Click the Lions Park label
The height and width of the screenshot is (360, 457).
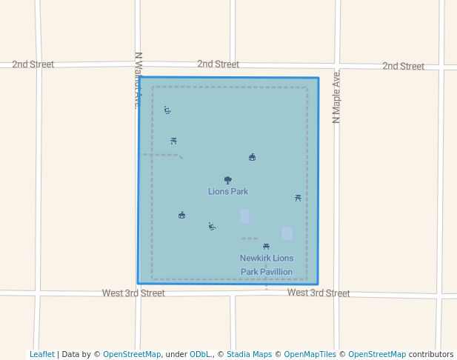click(228, 192)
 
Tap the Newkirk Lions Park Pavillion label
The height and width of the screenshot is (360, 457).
click(266, 265)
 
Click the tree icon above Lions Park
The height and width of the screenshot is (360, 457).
click(228, 180)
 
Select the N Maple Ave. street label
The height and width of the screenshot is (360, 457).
click(337, 97)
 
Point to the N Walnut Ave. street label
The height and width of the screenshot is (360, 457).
click(137, 80)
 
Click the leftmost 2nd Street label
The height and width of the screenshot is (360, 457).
click(33, 64)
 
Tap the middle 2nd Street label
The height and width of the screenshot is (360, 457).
click(218, 64)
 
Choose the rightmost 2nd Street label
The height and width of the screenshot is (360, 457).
click(403, 67)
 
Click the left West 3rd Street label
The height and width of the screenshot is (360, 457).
click(133, 293)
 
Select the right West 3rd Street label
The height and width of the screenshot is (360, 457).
click(318, 293)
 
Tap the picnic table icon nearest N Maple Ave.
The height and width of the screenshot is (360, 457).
click(298, 198)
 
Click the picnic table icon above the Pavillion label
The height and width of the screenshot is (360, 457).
click(266, 247)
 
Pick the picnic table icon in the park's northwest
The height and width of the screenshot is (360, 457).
click(173, 141)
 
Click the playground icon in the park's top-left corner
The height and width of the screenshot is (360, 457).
click(167, 110)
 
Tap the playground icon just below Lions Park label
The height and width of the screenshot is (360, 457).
click(212, 226)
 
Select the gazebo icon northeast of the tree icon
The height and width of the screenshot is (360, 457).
click(252, 157)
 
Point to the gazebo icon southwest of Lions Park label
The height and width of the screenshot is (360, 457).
click(181, 216)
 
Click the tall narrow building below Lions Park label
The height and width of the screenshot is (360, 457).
click(244, 216)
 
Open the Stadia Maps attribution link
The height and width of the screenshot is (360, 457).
click(249, 355)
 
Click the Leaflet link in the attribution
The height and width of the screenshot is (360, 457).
click(41, 355)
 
